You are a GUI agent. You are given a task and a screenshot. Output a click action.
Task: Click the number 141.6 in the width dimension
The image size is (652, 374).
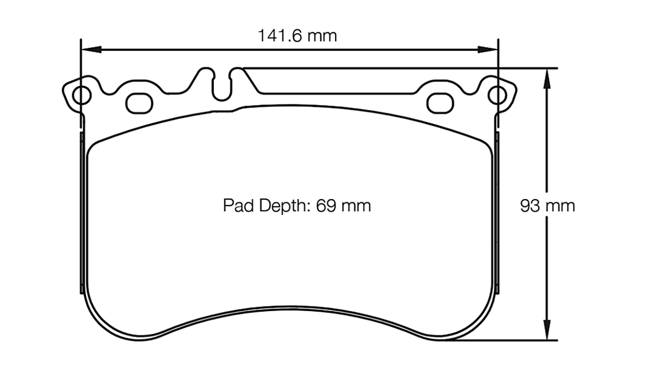point(279,36)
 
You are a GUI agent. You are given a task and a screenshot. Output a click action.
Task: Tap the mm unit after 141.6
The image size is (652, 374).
point(322,36)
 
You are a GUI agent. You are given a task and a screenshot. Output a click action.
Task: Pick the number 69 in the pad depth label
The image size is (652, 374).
point(325,206)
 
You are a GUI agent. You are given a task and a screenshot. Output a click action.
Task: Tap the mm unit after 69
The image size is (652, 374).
point(355,206)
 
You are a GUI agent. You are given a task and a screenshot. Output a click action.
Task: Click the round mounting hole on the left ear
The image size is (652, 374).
point(81,95)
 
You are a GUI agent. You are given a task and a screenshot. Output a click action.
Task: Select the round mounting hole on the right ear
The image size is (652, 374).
point(497,95)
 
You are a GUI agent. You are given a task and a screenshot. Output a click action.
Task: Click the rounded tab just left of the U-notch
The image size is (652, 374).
point(208,75)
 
